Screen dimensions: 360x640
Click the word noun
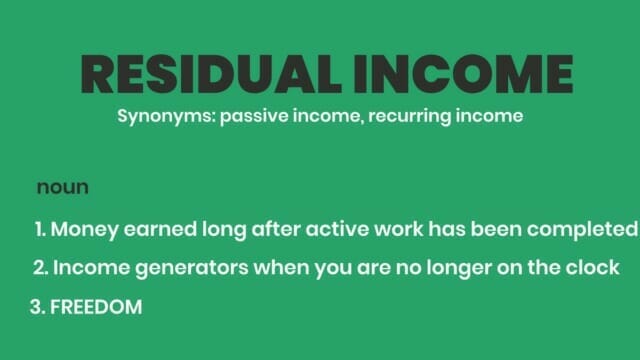(63, 188)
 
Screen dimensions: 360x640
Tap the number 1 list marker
(40, 229)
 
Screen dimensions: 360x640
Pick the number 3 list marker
(38, 307)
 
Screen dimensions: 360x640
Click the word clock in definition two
(593, 268)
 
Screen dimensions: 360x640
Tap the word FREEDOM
(96, 307)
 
